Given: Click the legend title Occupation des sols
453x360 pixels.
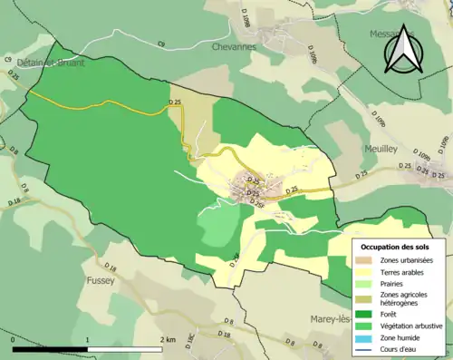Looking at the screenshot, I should click(x=396, y=247).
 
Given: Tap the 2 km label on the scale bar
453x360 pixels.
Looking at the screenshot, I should click(x=168, y=338).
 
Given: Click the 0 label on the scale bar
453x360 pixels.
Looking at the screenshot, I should click(x=14, y=338).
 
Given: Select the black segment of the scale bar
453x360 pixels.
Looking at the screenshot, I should click(x=51, y=348).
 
